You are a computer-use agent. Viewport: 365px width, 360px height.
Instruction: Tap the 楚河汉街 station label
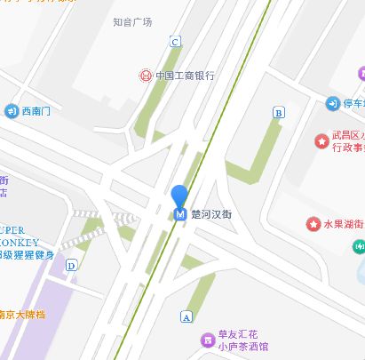[211, 213]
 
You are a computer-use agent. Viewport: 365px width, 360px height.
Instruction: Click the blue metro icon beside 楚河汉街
[180, 213]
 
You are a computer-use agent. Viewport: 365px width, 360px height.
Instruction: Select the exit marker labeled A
[186, 316]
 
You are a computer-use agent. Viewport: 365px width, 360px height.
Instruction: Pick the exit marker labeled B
[279, 113]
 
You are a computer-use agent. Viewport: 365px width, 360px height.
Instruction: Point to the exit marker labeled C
[175, 42]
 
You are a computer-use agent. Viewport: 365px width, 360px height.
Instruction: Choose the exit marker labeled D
[71, 265]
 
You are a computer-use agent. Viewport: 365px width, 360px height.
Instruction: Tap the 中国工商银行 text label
[185, 76]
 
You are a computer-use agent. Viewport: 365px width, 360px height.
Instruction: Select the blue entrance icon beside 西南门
[12, 111]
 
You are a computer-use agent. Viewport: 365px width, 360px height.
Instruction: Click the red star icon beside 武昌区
[321, 140]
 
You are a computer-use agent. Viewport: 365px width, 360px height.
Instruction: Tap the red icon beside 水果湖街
[313, 223]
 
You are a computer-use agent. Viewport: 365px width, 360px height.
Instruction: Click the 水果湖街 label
[344, 223]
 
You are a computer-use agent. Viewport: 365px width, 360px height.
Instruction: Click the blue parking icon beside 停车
[333, 104]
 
